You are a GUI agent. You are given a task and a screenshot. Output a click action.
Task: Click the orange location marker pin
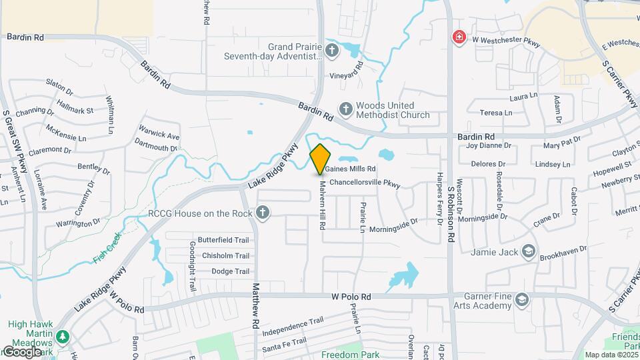[x=321, y=159]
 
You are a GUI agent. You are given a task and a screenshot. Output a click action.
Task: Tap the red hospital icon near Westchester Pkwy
[x=459, y=37]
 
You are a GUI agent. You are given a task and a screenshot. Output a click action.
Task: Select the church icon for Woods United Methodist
[x=345, y=109]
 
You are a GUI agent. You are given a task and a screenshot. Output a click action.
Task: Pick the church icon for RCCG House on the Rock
[x=263, y=213]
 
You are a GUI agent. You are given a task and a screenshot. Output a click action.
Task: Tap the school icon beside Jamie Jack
[x=529, y=251]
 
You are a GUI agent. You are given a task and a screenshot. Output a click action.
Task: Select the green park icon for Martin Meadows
[x=63, y=337]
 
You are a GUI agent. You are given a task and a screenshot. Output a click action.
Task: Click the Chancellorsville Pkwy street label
[x=364, y=181]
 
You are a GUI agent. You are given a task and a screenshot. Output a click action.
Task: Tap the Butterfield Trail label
[x=223, y=240]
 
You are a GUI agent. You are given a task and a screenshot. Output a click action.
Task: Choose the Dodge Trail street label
[x=230, y=271]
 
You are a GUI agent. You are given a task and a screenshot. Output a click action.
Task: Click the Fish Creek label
[x=108, y=247]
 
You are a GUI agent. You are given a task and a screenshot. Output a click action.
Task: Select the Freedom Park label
[x=351, y=354]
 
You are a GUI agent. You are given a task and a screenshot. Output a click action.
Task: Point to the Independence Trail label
[x=293, y=327]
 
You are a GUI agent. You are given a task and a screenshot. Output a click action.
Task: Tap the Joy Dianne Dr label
[x=489, y=145]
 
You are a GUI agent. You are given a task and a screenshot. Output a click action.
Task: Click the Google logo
[x=21, y=351]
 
